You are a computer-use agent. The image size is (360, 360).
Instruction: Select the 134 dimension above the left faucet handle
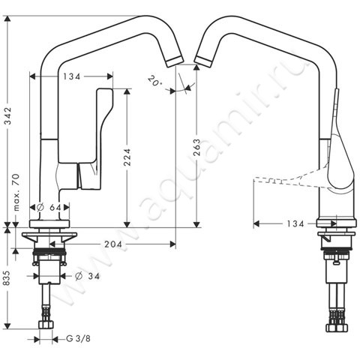pos(72,76)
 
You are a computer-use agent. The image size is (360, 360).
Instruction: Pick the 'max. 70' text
pos(15,192)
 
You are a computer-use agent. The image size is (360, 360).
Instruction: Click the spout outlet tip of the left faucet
pos(174,57)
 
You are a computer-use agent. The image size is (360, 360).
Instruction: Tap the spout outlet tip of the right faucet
pos(200,57)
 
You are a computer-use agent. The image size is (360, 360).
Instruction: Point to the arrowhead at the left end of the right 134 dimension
pos(257,223)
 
